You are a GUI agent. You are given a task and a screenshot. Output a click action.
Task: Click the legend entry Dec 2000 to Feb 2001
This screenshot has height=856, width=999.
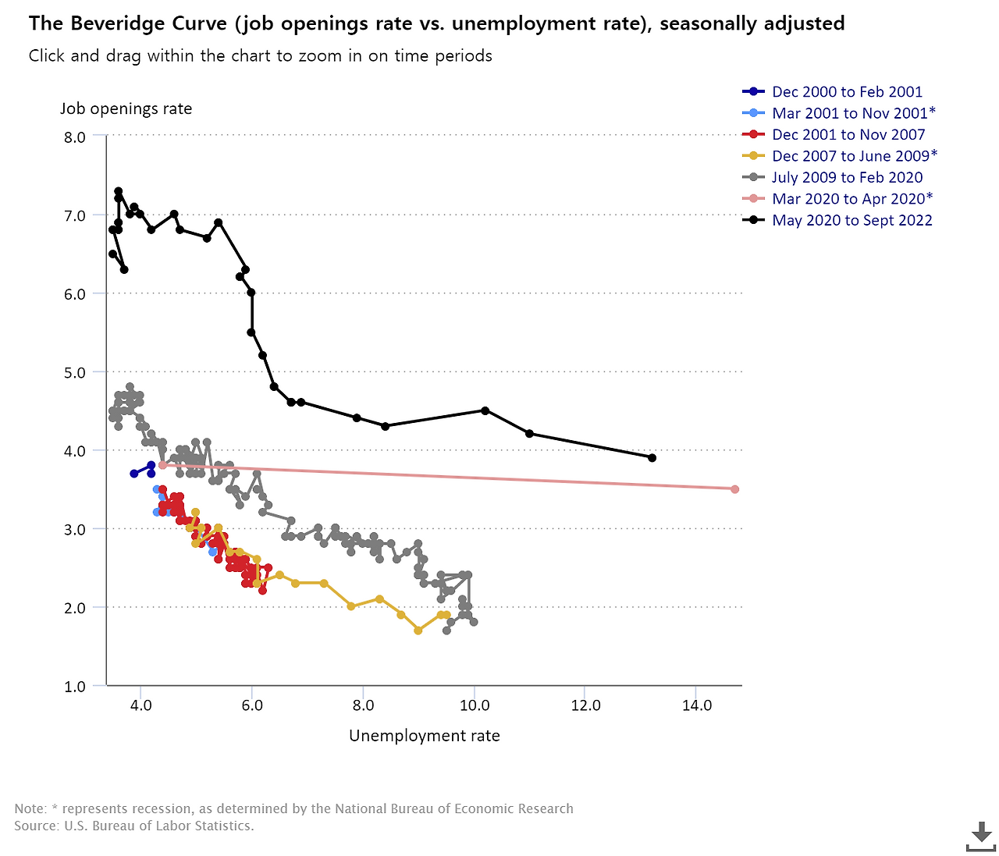pyautogui.click(x=847, y=92)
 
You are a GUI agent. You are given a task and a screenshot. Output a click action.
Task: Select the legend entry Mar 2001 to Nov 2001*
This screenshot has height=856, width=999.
pyautogui.click(x=854, y=113)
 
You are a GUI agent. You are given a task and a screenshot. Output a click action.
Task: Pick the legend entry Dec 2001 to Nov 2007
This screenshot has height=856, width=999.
pyautogui.click(x=848, y=135)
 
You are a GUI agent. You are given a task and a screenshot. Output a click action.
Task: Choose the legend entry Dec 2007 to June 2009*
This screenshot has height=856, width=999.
pyautogui.click(x=855, y=156)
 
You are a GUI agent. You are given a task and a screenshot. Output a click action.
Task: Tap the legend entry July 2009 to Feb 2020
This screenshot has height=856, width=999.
pyautogui.click(x=847, y=178)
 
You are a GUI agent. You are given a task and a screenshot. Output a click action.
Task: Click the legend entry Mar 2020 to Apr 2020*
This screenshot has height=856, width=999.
pyautogui.click(x=852, y=199)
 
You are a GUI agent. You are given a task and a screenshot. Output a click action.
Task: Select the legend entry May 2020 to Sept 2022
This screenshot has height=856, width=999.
pyautogui.click(x=851, y=221)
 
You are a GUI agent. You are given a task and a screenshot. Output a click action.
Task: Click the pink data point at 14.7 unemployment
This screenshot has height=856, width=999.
pyautogui.click(x=734, y=489)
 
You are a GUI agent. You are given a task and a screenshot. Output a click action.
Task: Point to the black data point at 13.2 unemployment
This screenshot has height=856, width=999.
pyautogui.click(x=652, y=458)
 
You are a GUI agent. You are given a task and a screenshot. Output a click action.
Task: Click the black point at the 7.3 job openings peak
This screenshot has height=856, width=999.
pyautogui.click(x=118, y=191)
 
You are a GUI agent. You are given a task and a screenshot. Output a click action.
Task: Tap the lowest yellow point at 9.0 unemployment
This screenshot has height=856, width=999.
pyautogui.click(x=418, y=630)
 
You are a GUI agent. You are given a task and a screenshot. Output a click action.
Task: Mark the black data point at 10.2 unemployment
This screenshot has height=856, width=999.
pyautogui.click(x=485, y=410)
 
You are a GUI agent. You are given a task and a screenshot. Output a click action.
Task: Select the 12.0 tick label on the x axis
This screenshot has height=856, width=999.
pyautogui.click(x=585, y=705)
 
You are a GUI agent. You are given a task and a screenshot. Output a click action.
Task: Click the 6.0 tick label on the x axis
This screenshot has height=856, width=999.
pyautogui.click(x=251, y=705)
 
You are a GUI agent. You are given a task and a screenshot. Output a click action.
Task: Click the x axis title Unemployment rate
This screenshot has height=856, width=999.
pyautogui.click(x=424, y=736)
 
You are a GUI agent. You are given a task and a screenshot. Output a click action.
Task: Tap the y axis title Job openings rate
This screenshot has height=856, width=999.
pyautogui.click(x=126, y=108)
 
